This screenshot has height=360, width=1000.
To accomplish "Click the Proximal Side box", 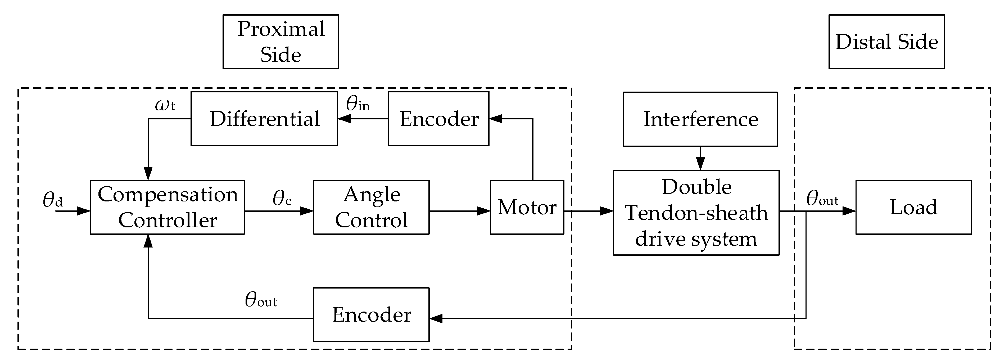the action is click(x=281, y=42).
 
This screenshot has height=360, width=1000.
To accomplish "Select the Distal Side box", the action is click(x=887, y=42).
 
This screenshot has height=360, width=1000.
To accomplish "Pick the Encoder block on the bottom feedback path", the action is click(x=372, y=314).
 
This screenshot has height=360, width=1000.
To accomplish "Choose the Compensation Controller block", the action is click(x=167, y=207).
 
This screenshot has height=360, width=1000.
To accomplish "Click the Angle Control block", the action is click(x=372, y=207).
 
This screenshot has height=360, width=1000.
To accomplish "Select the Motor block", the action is click(x=527, y=207).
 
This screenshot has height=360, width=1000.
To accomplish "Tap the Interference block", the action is click(x=700, y=119).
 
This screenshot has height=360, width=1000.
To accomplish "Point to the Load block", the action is click(x=914, y=207).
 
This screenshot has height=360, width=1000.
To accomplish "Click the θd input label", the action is click(x=52, y=200).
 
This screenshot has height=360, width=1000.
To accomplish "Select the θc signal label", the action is click(x=282, y=198).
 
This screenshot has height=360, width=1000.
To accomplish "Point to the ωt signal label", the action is click(x=165, y=105).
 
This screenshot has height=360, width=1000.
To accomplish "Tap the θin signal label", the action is click(x=358, y=103).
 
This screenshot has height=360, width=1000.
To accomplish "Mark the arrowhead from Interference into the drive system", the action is click(x=700, y=164).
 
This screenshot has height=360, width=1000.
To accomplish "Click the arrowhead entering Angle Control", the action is click(x=307, y=211).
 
